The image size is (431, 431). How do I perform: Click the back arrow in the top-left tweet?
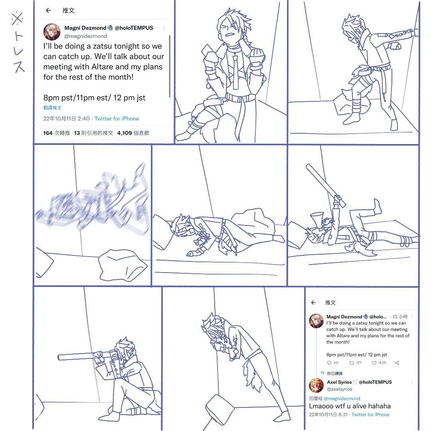48,10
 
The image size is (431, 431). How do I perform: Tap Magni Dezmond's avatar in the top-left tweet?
51,32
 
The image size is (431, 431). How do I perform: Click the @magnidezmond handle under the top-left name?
85,36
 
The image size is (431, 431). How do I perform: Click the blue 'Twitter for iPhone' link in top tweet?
117,119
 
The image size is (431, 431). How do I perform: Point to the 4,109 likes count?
125,133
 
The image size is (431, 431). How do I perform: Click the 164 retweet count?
48,133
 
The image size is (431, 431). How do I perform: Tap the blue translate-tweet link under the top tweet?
53,108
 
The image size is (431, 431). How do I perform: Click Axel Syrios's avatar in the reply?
316,385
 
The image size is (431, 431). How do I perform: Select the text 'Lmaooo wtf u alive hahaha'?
350,406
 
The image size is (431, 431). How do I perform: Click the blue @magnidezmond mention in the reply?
342,399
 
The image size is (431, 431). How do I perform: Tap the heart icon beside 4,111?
374,363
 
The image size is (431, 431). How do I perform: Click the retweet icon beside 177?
352,363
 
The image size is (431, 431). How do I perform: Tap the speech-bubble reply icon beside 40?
329,363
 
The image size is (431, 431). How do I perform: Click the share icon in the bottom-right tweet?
397,363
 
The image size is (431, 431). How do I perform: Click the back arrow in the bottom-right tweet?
313,302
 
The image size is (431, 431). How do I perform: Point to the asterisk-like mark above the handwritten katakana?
17,19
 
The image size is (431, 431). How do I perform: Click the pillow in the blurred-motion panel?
123,265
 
